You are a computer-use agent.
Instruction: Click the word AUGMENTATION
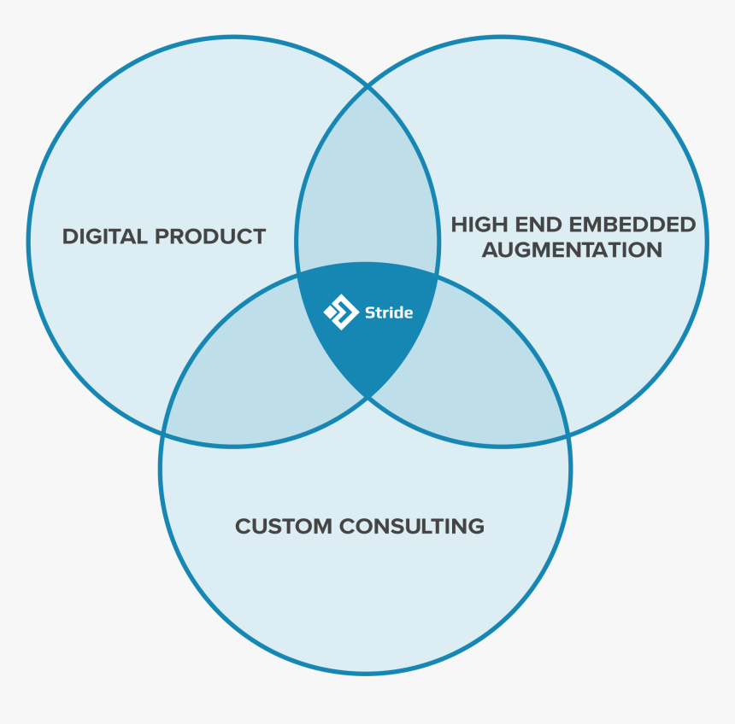[x=572, y=250]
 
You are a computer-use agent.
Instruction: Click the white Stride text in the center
[x=389, y=312]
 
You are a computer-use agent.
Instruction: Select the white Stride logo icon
[x=341, y=312]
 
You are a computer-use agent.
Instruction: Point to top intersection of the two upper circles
[x=367, y=86]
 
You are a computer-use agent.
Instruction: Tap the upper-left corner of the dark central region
[x=298, y=275]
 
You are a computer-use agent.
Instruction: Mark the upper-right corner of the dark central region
[x=438, y=275]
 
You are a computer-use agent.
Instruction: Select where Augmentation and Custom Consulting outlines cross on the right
[x=568, y=434]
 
